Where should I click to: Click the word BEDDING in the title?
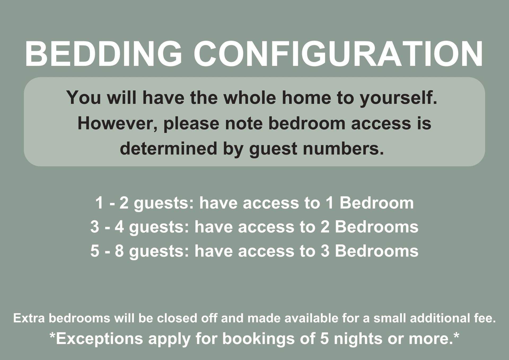pyautogui.click(x=103, y=54)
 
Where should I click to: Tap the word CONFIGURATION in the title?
pyautogui.click(x=338, y=54)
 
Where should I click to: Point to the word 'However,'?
pyautogui.click(x=117, y=124)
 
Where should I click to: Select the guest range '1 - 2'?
pyautogui.click(x=112, y=203)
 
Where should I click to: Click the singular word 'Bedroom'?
pyautogui.click(x=377, y=203)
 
